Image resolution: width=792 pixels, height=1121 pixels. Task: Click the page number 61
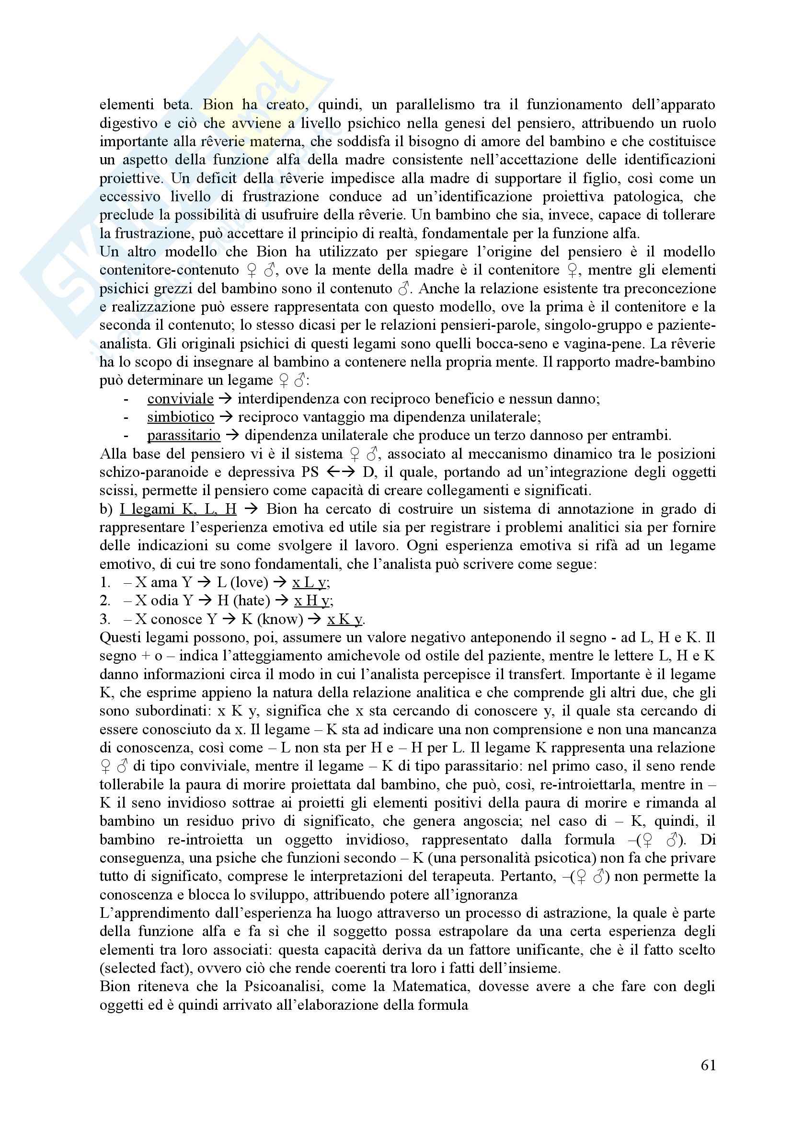pos(708,1065)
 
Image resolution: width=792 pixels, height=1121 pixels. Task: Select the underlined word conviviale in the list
pos(180,399)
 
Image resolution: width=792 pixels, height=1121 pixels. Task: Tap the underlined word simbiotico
pos(181,417)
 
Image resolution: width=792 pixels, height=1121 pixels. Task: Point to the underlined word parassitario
pos(184,436)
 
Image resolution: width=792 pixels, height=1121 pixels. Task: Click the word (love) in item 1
pos(249,582)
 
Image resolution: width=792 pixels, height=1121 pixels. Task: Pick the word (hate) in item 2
pos(252,601)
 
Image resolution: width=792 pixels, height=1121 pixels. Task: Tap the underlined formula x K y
pos(345,619)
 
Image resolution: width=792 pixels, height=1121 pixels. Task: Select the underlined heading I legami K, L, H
pos(178,509)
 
